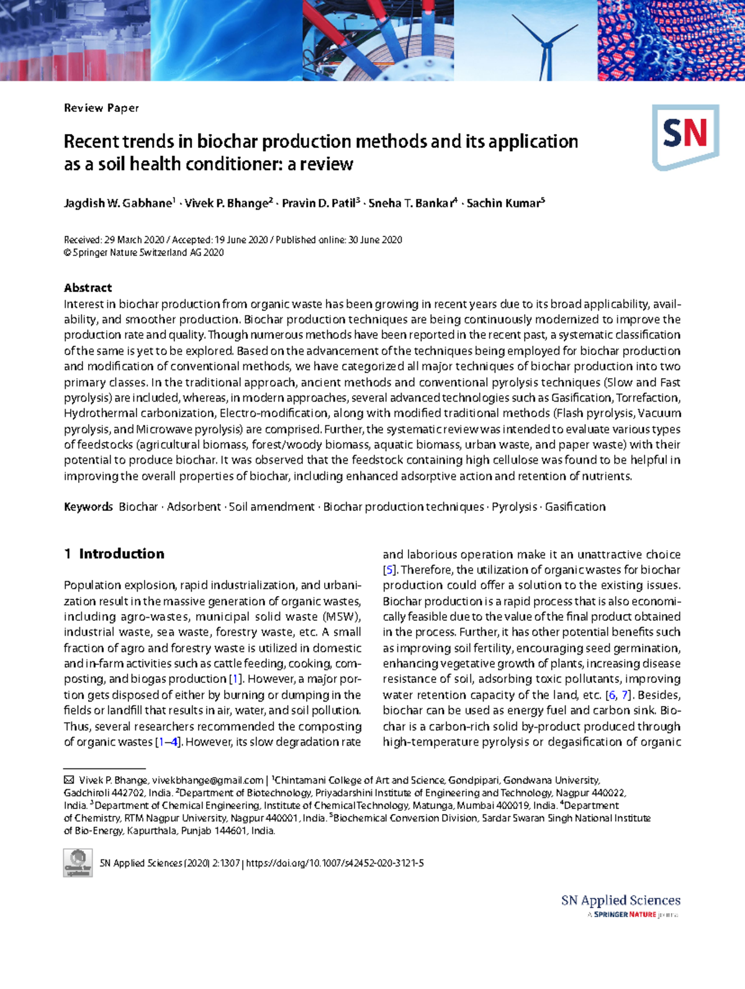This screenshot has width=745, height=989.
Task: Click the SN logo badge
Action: point(685,136)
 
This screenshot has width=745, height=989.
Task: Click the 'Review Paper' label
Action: point(101,108)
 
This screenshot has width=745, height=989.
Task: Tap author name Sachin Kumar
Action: point(503,204)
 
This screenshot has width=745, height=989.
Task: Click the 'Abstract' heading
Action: point(88,287)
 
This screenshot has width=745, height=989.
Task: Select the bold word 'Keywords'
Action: point(88,507)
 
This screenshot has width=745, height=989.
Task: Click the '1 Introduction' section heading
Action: point(114,554)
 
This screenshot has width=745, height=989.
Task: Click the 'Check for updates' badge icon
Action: point(78,863)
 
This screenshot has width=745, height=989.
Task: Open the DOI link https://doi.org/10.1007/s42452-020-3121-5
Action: point(335,863)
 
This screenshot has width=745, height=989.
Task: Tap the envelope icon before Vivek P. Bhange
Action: point(69,780)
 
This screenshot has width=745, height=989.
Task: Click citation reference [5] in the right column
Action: point(389,570)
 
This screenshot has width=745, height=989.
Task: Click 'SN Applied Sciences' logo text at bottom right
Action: point(620,900)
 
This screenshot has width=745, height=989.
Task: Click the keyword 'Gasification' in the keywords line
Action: point(575,507)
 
